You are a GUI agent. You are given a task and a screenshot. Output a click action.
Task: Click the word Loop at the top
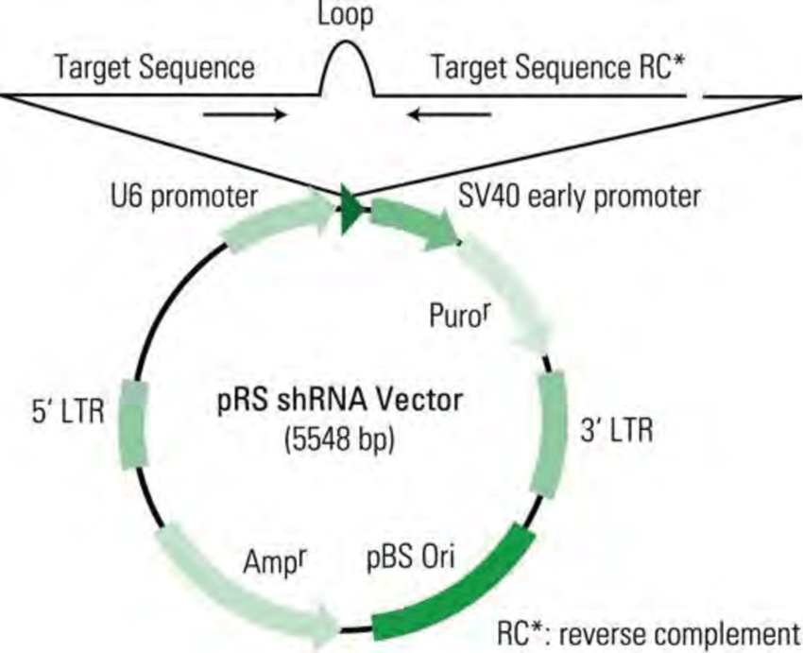click(345, 16)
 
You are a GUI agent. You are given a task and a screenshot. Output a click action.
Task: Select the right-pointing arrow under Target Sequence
click(245, 114)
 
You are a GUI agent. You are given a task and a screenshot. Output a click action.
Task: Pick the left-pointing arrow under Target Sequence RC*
click(450, 114)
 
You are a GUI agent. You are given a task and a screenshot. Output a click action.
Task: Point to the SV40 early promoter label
click(579, 197)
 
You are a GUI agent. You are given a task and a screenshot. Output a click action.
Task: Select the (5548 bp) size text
click(341, 441)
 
